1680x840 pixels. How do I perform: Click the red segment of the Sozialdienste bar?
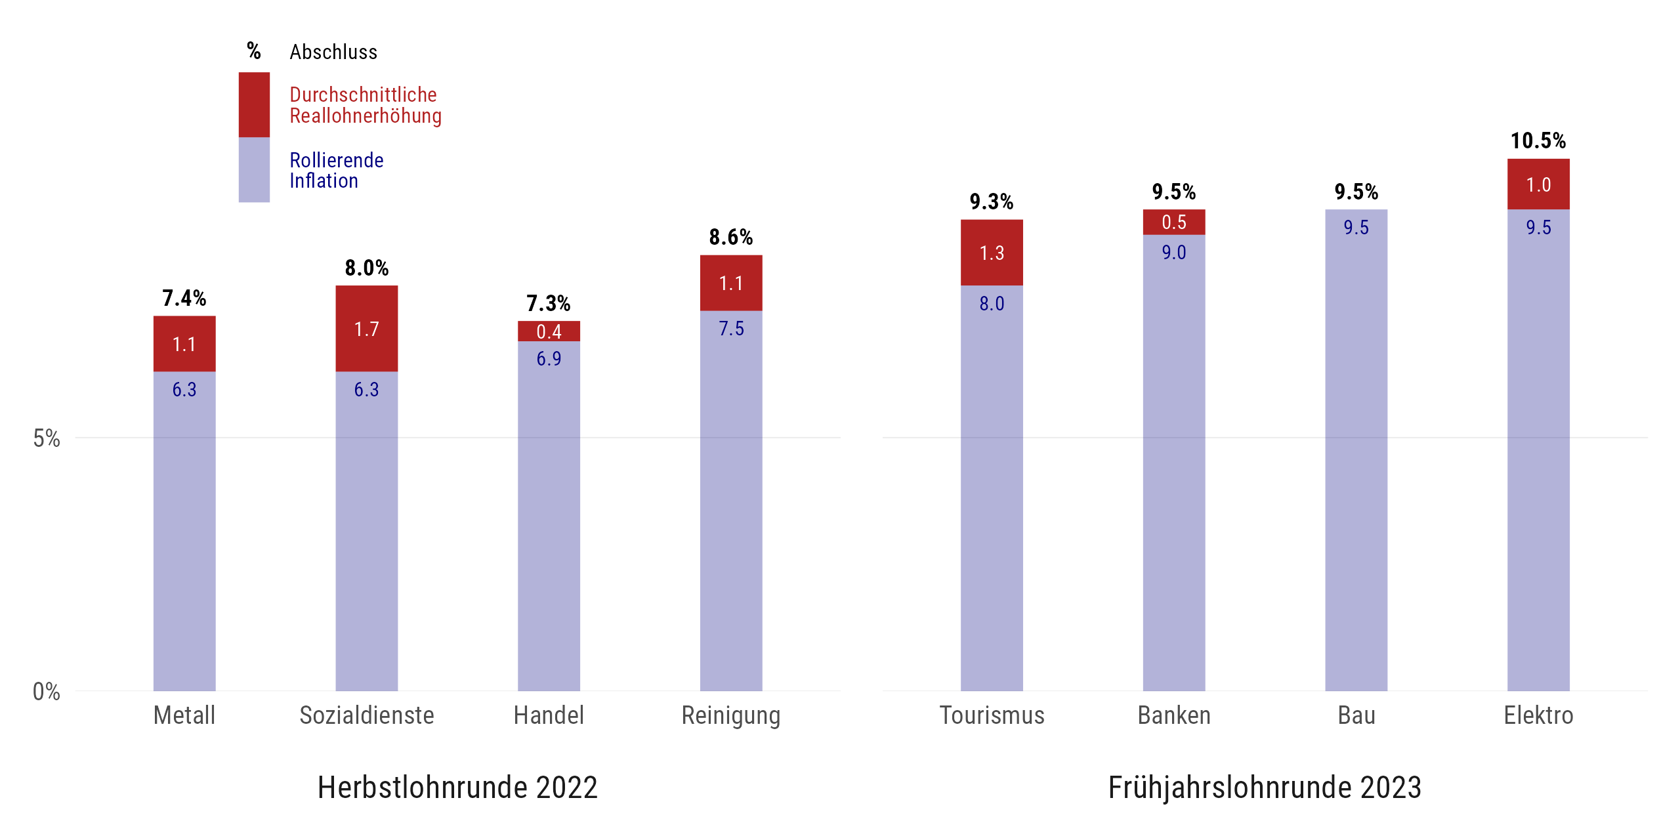[366, 328]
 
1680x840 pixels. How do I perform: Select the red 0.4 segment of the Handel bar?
[549, 331]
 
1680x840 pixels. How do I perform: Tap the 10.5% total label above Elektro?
[1538, 140]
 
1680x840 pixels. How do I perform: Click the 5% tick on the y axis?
[46, 438]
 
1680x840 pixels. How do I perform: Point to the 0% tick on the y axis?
[46, 691]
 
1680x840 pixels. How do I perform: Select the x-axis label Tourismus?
[992, 715]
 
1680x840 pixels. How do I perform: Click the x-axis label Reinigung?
[731, 715]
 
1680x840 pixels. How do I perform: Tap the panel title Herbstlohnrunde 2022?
[457, 787]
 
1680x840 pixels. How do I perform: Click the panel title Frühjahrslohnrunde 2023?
[1265, 787]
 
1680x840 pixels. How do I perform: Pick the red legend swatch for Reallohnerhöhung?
[254, 105]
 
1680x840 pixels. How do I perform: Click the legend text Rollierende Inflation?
[336, 170]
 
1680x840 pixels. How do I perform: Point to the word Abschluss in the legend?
[333, 52]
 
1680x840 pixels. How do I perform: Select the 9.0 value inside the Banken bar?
[1173, 253]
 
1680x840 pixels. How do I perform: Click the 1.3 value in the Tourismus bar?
[992, 253]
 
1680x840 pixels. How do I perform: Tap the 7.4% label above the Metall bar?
[184, 298]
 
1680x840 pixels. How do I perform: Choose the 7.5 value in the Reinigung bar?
[731, 329]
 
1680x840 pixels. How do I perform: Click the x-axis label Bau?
[1356, 715]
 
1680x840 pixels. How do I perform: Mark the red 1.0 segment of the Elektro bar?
[1538, 184]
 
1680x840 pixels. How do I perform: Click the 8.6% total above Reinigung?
[731, 237]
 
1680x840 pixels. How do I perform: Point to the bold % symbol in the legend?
[254, 51]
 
